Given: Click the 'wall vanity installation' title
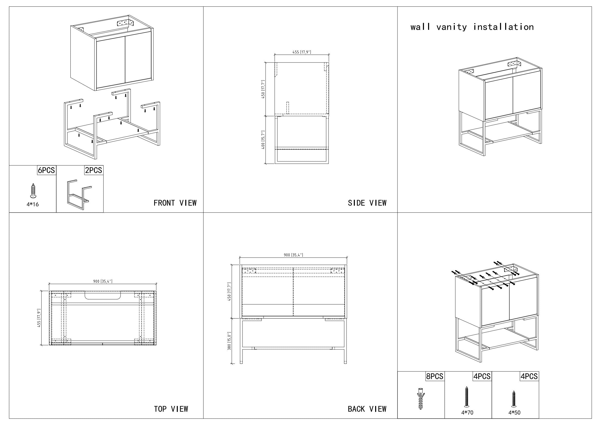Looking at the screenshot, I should tap(472, 27).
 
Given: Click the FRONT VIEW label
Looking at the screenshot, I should tap(175, 203).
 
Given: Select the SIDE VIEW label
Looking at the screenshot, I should tap(367, 203).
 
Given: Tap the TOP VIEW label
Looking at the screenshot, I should tap(171, 409).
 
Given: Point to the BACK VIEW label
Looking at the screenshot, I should tap(367, 409).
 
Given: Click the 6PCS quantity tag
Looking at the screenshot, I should tap(46, 170).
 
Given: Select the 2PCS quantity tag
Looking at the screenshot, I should tap(94, 170).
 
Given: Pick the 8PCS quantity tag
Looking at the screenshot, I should tap(434, 376).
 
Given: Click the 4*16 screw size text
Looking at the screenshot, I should tap(32, 204).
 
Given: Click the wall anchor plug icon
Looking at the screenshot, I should tap(420, 398).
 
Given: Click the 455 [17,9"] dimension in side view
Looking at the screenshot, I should tap(302, 52).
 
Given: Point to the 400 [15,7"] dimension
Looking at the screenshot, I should tap(263, 140).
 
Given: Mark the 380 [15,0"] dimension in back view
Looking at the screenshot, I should tap(229, 341).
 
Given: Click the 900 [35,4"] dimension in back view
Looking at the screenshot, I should tap(293, 255).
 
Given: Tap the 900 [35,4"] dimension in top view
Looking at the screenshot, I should tap(103, 281).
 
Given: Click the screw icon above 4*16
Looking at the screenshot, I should tap(33, 190).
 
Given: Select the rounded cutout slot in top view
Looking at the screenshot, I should tap(103, 296).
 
